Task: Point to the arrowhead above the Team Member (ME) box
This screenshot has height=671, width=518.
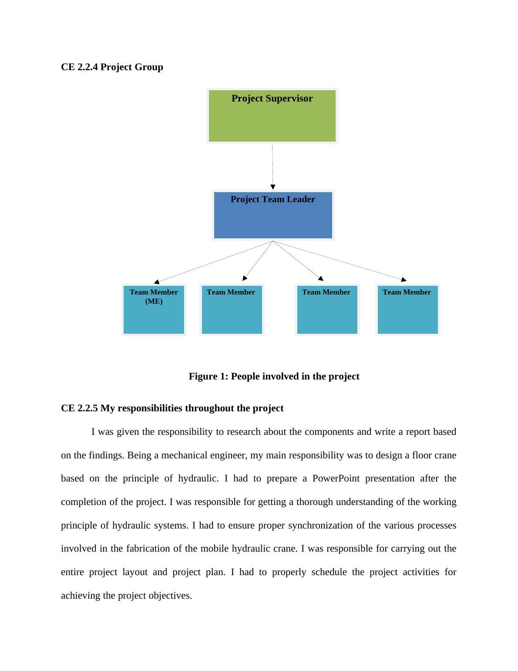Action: (x=157, y=282)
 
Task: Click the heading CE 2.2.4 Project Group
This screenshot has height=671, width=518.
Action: (x=112, y=67)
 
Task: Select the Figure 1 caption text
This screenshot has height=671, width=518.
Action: (x=274, y=376)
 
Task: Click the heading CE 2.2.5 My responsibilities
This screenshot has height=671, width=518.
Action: (x=172, y=408)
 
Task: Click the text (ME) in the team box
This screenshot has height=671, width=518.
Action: (x=154, y=302)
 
